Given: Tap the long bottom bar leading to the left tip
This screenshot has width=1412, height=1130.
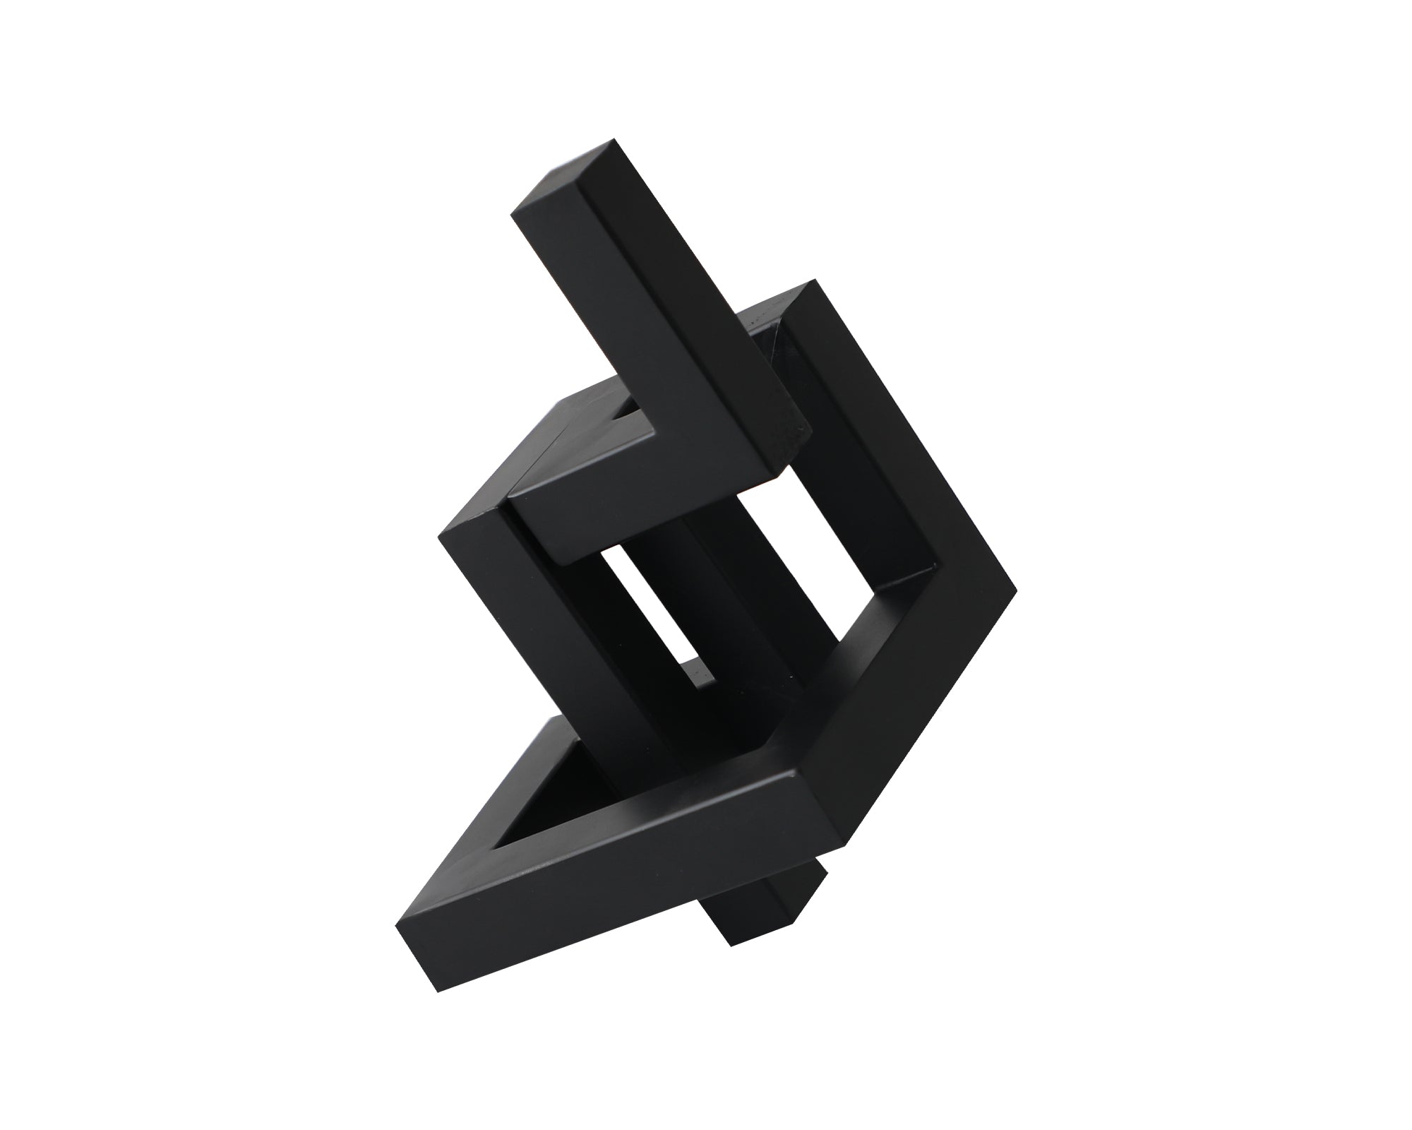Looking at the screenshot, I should [x=607, y=876].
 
